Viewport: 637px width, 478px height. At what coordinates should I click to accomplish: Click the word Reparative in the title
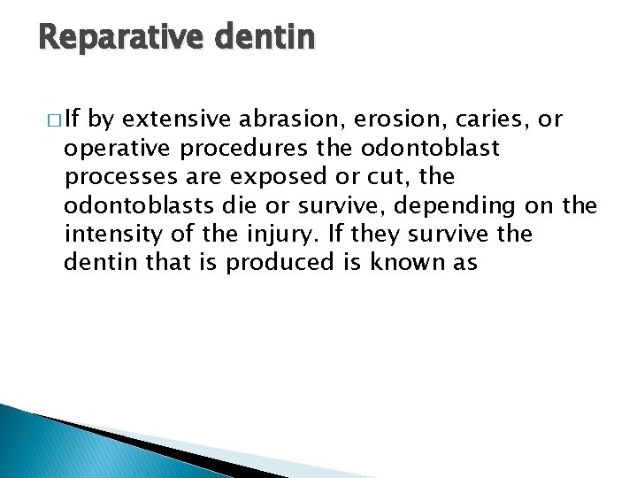tap(109, 37)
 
